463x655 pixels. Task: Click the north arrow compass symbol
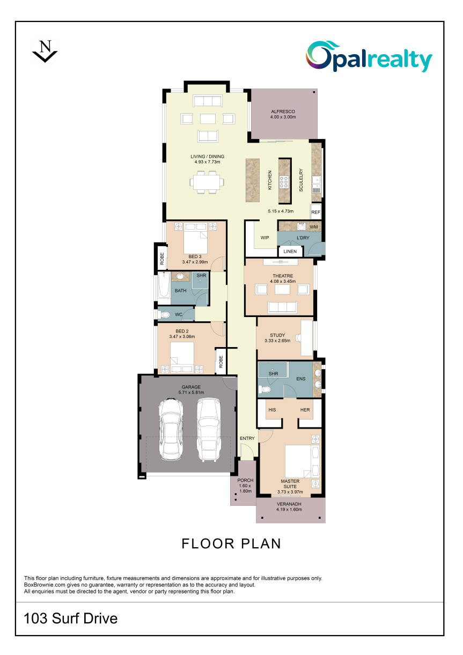point(45,51)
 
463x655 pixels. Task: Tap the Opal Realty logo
point(369,57)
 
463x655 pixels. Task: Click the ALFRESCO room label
point(283,112)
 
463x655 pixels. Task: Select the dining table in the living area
point(207,182)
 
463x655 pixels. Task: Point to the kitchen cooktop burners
point(284,182)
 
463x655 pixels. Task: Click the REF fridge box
point(315,212)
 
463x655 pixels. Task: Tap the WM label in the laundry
point(313,226)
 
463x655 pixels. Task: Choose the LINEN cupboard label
point(290,251)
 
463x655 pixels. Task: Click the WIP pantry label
point(264,238)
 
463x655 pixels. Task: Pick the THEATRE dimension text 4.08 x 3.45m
point(283,281)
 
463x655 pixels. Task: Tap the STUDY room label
point(277,335)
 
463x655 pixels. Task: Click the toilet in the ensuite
point(264,389)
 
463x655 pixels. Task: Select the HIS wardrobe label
point(272,410)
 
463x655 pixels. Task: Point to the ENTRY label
point(247,438)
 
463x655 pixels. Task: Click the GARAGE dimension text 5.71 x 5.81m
point(192,392)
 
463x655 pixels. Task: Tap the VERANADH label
point(289,504)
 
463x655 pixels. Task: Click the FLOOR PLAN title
point(231,543)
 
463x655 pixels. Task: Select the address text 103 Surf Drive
point(70,618)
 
